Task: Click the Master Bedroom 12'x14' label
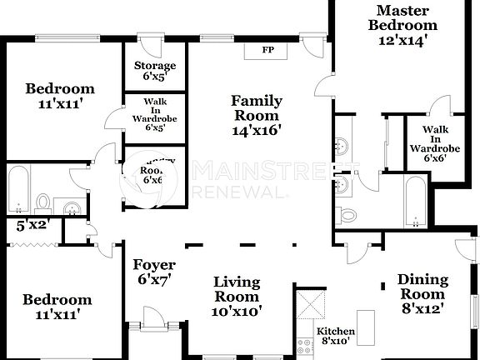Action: [x=402, y=24]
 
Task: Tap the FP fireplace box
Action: [x=267, y=50]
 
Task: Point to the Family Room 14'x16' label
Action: [x=256, y=115]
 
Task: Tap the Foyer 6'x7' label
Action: [x=152, y=272]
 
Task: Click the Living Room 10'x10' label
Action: [x=237, y=297]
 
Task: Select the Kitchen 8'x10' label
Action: [x=337, y=337]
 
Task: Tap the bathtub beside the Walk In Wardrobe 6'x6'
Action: [x=415, y=200]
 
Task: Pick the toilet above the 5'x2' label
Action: [x=43, y=202]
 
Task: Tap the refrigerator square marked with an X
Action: [x=310, y=304]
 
